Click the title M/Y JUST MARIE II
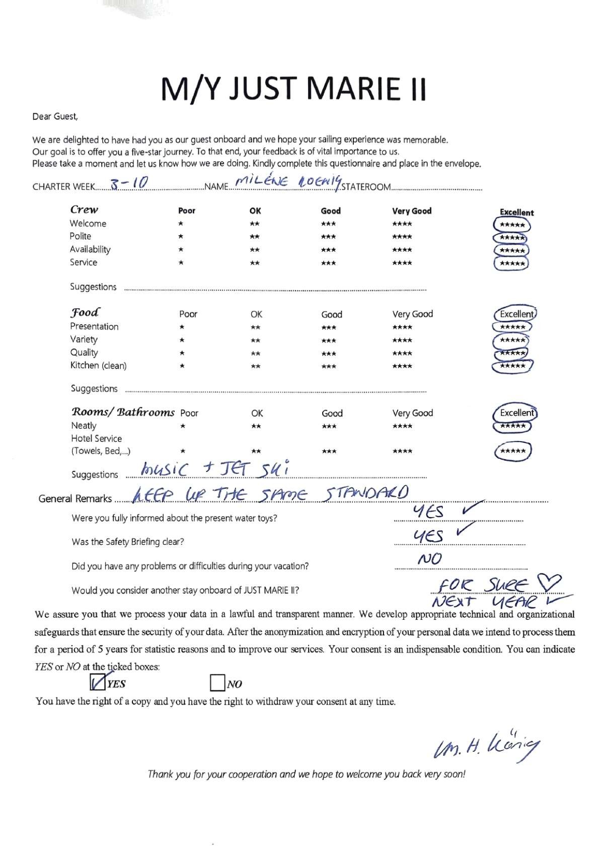(x=294, y=89)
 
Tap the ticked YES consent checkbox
(x=97, y=682)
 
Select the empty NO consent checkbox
(x=217, y=683)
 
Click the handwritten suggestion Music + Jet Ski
(x=215, y=470)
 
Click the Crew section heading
(x=84, y=209)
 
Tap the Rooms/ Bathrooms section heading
(x=123, y=412)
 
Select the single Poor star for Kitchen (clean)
(x=182, y=366)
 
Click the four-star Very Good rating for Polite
(x=402, y=237)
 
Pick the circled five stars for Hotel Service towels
(x=513, y=451)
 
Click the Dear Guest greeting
(x=55, y=117)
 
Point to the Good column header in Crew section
(x=331, y=211)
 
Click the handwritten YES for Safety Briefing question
(x=428, y=537)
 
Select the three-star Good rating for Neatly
(x=329, y=426)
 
